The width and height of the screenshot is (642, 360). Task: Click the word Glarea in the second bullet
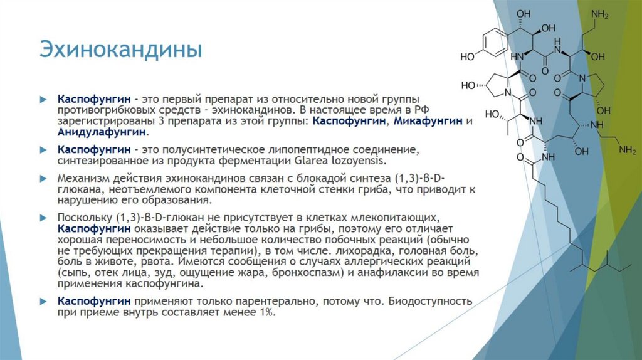pos(337,161)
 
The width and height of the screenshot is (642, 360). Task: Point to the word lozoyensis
pos(380,161)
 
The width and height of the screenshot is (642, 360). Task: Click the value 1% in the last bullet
pos(264,312)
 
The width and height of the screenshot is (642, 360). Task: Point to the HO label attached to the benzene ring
pos(467,57)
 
